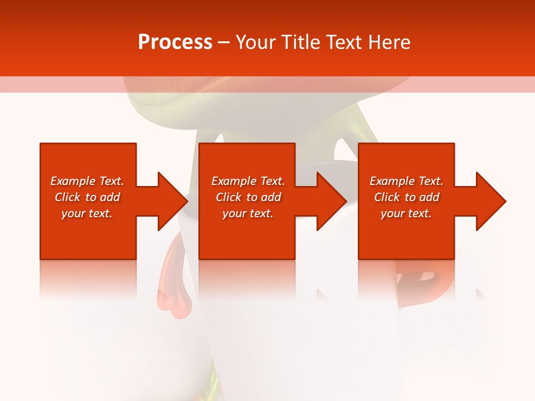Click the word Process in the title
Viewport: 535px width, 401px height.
175,42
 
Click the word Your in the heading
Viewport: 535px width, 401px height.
256,42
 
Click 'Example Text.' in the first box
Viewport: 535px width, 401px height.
87,181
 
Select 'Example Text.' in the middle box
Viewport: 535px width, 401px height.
248,181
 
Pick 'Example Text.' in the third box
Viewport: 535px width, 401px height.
406,181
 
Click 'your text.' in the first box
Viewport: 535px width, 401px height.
87,213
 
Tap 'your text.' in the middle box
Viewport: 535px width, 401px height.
248,213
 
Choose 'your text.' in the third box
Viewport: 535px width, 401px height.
406,213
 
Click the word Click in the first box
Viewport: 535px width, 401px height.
67,197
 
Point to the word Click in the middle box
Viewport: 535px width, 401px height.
228,197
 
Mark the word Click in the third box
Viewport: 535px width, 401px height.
387,197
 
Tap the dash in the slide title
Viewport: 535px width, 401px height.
224,42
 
